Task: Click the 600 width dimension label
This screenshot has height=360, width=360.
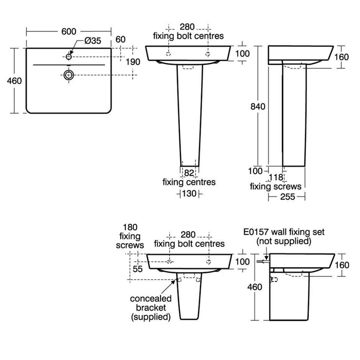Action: pos(68,32)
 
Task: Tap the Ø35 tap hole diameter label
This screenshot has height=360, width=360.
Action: pos(93,41)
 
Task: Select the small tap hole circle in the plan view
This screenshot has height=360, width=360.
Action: pos(68,57)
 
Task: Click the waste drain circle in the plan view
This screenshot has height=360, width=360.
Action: pos(68,75)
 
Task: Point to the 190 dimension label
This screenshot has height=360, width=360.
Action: pos(133,62)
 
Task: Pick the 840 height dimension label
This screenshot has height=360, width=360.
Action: pos(258,106)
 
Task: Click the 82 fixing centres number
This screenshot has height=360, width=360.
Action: pos(189,173)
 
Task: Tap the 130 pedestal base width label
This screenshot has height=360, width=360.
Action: pos(189,193)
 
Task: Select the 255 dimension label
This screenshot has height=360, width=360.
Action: pos(287,197)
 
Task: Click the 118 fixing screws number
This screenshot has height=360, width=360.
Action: pos(276,177)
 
